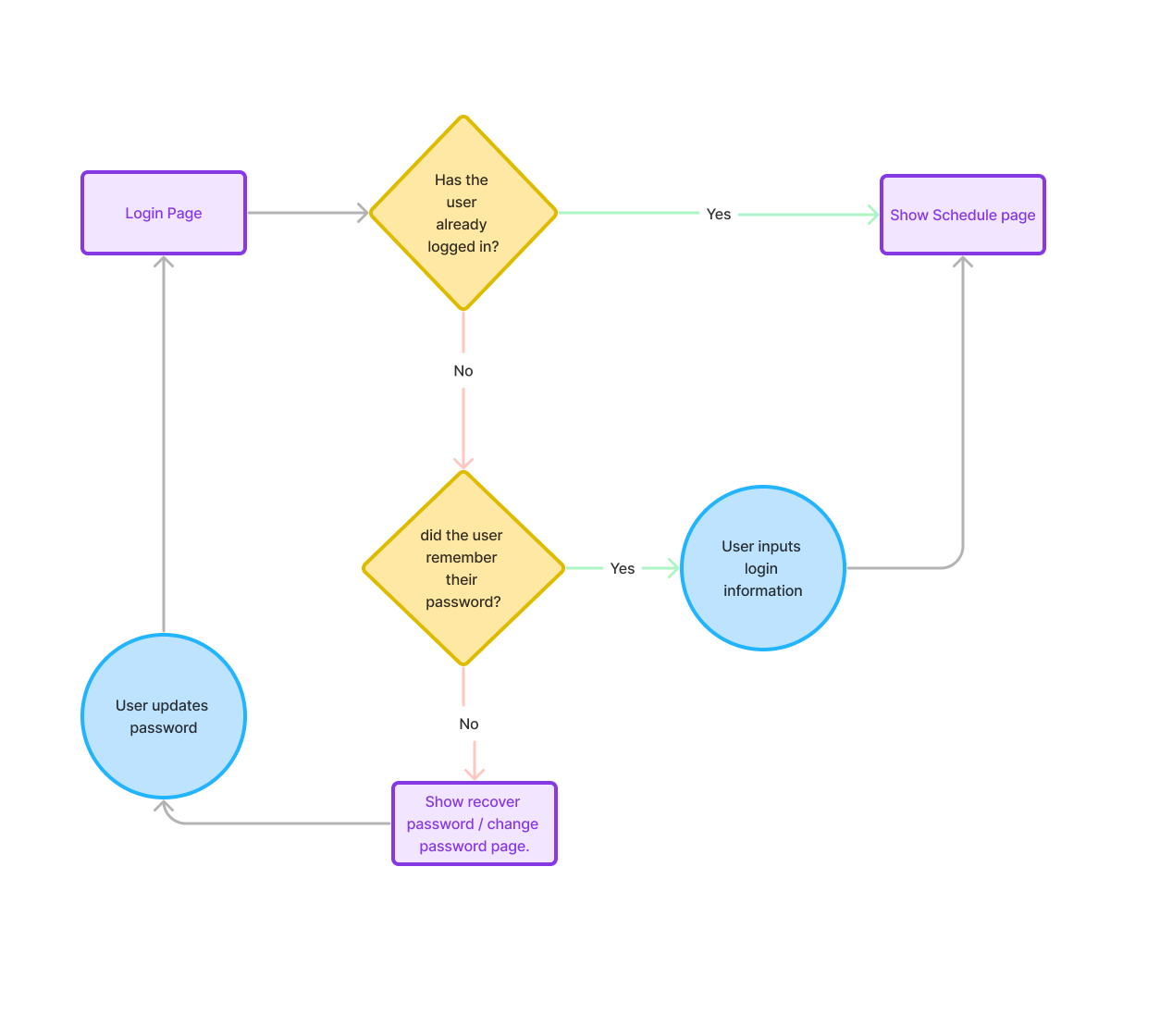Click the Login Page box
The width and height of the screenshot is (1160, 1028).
pos(164,213)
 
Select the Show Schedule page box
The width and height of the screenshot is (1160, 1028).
pos(962,215)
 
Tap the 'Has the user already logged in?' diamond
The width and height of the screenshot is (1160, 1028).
pos(463,213)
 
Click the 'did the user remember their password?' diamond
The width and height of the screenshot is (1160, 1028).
pos(463,568)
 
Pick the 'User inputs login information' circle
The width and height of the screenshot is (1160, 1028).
pos(762,568)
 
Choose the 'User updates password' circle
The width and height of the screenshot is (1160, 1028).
pos(164,716)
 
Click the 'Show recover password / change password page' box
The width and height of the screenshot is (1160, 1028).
pos(474,824)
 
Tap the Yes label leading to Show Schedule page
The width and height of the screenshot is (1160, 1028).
pos(718,214)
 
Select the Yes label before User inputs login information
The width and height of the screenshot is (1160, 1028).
pos(622,568)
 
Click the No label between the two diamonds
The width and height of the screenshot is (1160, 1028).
pos(463,371)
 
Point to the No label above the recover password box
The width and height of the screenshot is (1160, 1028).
pos(468,724)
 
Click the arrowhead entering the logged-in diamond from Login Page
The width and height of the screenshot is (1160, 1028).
pos(363,213)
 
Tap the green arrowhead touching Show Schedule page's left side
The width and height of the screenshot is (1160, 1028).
pos(873,215)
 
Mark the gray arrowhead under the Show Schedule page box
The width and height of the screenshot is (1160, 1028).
pos(962,263)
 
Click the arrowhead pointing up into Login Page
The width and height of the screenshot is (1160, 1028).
pos(164,263)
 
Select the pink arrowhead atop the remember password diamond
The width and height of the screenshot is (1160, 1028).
pos(463,463)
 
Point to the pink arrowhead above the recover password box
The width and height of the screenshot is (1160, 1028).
pos(474,774)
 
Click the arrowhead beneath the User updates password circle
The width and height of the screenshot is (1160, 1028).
pos(165,808)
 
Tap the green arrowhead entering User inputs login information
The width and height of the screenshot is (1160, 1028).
pos(673,568)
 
